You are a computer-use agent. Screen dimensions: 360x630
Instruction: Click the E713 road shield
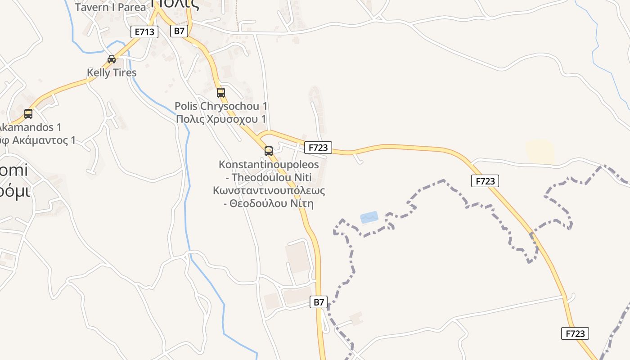144,32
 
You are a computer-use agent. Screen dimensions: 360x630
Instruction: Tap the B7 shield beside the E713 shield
179,31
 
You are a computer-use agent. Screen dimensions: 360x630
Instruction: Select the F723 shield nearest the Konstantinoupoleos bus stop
318,147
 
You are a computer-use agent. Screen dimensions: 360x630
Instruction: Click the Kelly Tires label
112,72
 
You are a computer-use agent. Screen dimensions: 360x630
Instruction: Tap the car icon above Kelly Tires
112,59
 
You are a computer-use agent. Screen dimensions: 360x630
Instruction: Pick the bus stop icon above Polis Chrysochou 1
221,93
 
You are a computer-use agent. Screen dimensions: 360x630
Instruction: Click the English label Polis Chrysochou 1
221,106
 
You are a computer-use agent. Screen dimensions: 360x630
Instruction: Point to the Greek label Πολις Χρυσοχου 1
221,119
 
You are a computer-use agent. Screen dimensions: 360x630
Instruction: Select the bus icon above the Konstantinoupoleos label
269,151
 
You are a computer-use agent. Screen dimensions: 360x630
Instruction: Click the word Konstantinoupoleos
269,164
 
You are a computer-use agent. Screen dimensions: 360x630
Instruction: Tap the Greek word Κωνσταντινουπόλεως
269,190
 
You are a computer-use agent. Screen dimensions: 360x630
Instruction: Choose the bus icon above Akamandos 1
28,114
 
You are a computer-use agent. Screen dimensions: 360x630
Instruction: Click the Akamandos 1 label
31,127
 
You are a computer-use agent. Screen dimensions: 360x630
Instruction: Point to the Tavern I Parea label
111,7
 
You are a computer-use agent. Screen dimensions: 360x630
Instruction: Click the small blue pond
369,218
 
